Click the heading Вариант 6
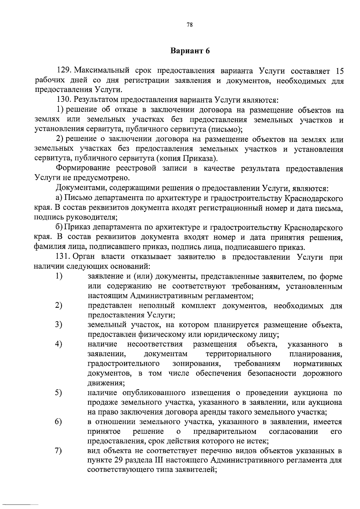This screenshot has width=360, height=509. click(x=190, y=51)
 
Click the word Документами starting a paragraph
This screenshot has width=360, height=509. click(x=80, y=188)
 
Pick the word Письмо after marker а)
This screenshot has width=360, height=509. click(x=75, y=198)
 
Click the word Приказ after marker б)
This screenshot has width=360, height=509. click(x=75, y=227)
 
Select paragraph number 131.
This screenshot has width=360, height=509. click(x=64, y=257)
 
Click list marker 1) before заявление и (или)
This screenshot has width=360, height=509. click(x=59, y=276)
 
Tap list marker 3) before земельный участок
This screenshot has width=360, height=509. click(x=59, y=324)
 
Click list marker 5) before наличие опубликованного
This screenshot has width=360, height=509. click(x=59, y=392)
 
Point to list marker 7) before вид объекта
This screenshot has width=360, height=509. click(x=59, y=450)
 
